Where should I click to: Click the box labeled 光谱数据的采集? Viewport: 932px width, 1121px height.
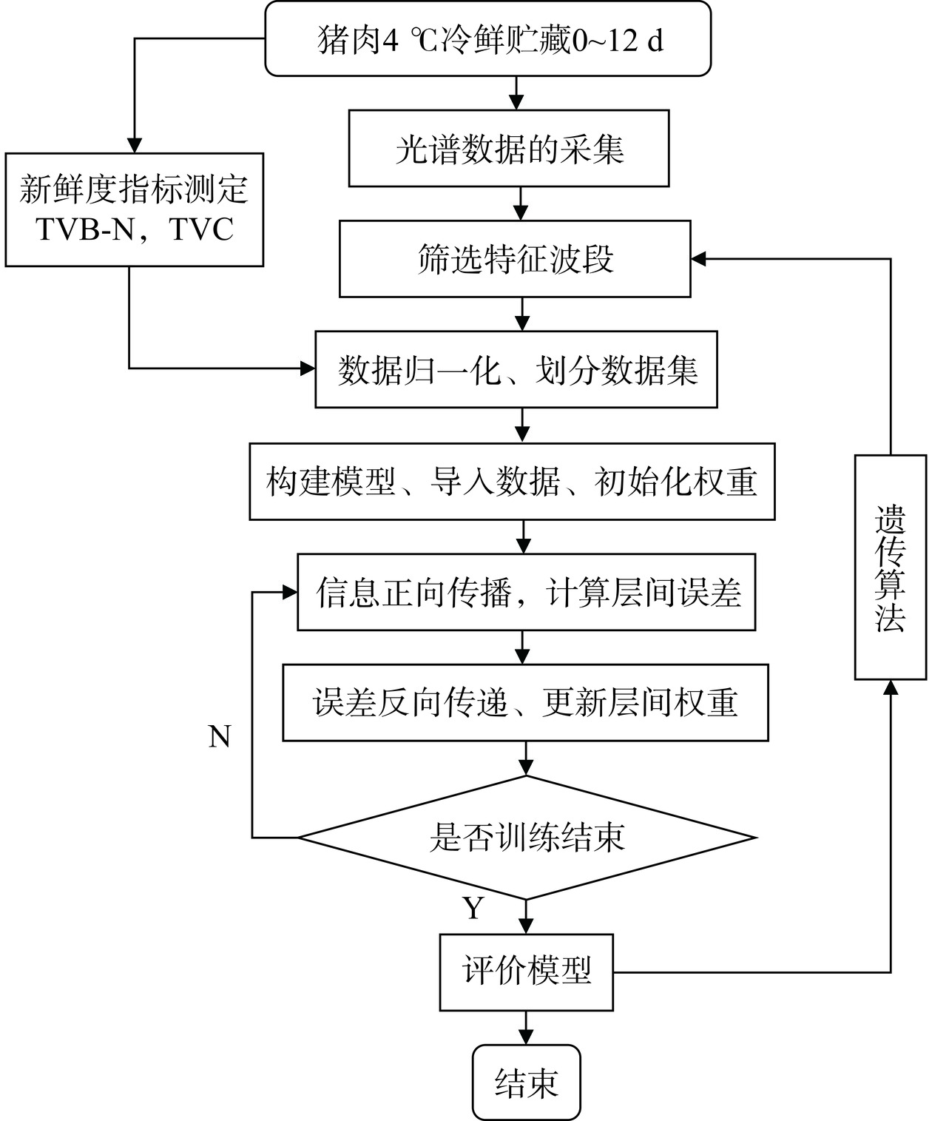point(509,149)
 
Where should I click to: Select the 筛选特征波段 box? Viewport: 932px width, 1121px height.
point(515,259)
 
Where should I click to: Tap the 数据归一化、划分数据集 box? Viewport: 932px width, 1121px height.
point(516,369)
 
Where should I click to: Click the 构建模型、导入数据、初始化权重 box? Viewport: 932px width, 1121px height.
point(512,482)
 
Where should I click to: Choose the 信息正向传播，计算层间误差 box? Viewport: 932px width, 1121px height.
point(527,592)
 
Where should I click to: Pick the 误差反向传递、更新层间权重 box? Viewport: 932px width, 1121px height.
point(525,702)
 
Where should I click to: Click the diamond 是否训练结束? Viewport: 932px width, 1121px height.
point(527,838)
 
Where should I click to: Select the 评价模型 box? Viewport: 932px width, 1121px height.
point(527,972)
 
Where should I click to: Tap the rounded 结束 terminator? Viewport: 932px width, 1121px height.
point(527,1082)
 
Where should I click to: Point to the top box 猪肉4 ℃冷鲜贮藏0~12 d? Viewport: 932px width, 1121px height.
point(488,39)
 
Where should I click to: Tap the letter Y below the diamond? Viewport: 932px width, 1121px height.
point(473,907)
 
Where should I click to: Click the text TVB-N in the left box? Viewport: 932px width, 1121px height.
point(86,230)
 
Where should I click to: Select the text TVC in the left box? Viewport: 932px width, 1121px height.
point(202,230)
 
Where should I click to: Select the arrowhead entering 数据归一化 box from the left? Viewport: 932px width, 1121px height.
point(307,368)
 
